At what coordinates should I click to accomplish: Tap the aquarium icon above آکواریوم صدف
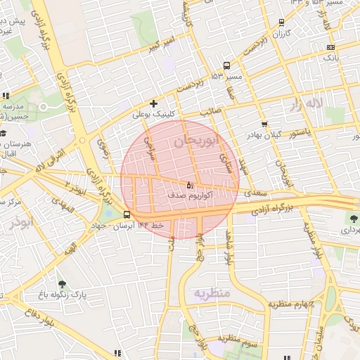click(x=190, y=186)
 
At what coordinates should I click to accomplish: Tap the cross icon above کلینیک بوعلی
click(x=153, y=103)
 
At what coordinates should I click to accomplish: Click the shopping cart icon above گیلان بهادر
click(x=264, y=124)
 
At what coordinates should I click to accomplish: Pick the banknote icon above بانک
click(x=331, y=48)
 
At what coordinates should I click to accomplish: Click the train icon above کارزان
click(x=281, y=22)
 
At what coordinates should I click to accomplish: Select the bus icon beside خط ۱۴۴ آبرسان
click(x=127, y=214)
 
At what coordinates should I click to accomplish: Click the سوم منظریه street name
click(x=243, y=339)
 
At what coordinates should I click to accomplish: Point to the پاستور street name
click(x=302, y=133)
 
